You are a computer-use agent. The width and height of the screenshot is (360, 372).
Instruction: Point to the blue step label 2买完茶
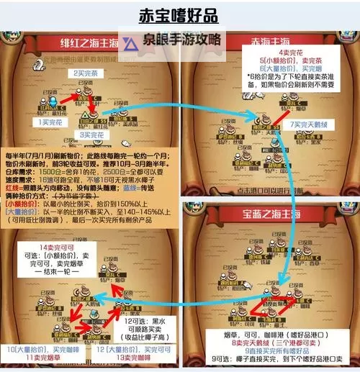[87, 73]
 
